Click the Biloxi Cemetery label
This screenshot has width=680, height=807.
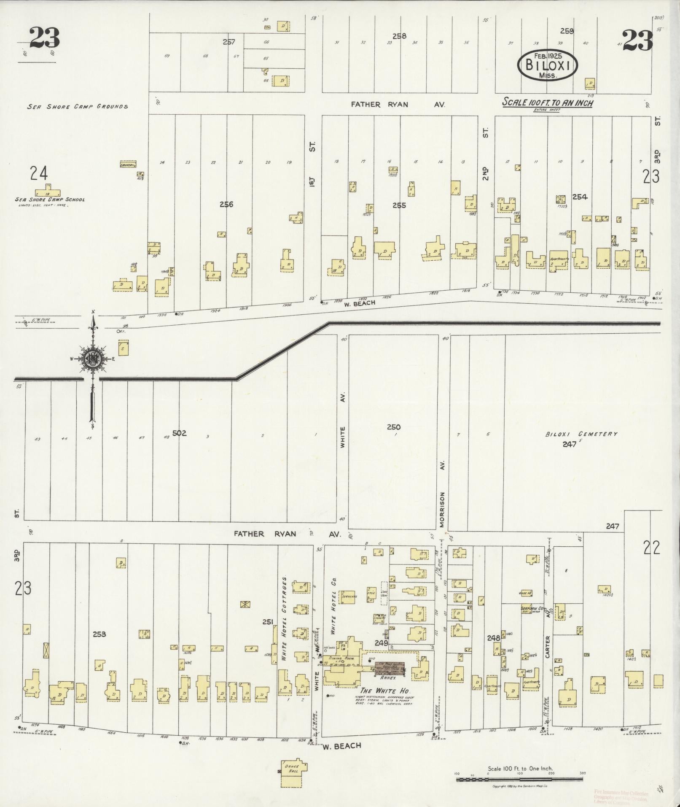tap(581, 434)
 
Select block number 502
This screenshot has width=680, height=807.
tap(179, 433)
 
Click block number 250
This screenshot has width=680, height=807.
tap(393, 427)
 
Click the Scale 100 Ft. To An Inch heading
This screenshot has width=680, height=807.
tap(547, 103)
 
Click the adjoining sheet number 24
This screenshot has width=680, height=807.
tap(39, 173)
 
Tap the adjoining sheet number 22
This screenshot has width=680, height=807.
tap(652, 548)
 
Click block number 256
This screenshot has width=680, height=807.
tap(226, 205)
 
